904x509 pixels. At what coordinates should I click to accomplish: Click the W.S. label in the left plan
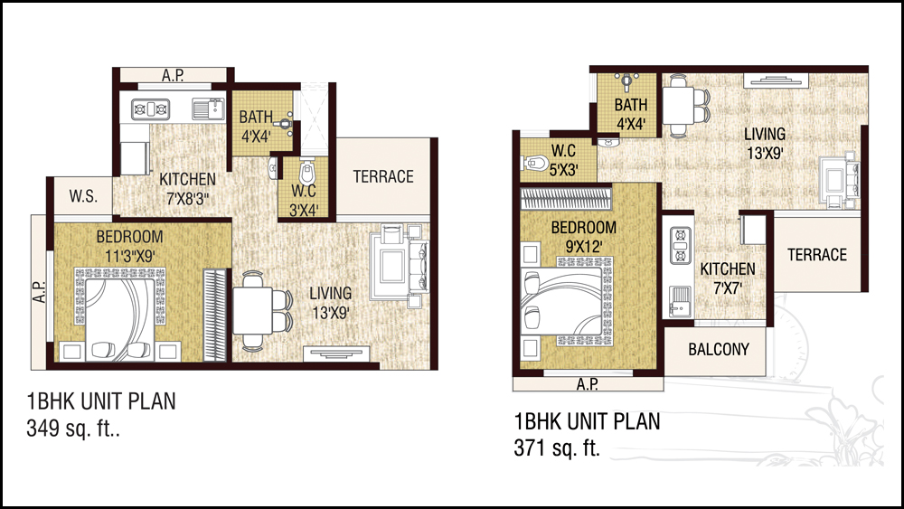click(x=83, y=196)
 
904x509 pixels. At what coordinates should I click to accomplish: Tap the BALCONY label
click(x=719, y=349)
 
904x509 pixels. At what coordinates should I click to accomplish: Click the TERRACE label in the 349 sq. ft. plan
click(x=383, y=176)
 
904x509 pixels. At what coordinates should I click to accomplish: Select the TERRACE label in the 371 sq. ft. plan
click(x=817, y=255)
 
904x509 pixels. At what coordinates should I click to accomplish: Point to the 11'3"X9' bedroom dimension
click(x=129, y=256)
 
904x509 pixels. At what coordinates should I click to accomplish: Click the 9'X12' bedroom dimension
click(x=583, y=247)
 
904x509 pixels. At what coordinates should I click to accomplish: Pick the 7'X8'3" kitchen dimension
click(x=187, y=200)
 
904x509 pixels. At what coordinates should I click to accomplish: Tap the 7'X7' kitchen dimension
click(x=728, y=287)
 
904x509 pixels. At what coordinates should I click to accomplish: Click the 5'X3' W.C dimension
click(x=564, y=171)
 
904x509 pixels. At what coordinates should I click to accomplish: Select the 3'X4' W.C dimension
click(x=304, y=211)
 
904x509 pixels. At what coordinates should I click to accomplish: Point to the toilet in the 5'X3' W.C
click(x=534, y=163)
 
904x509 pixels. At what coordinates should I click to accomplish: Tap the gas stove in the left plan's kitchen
click(x=150, y=108)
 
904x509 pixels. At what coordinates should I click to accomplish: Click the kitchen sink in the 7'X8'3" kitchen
click(x=208, y=109)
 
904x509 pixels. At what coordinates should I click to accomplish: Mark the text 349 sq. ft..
click(x=73, y=429)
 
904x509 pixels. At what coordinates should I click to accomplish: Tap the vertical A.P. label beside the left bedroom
click(x=39, y=292)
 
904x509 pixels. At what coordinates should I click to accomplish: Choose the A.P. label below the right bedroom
click(x=587, y=384)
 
